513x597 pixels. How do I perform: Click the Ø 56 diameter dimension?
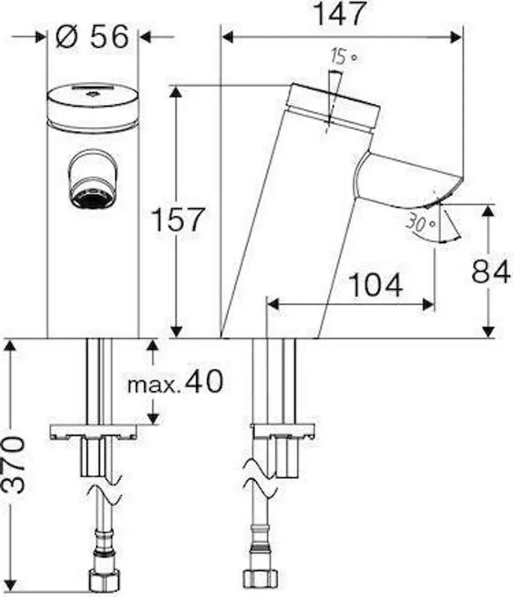tap(92, 37)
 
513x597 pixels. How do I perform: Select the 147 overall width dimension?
tap(340, 14)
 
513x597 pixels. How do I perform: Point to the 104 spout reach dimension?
tap(375, 285)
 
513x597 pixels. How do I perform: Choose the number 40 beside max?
tap(203, 381)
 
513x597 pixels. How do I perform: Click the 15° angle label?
tap(344, 57)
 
